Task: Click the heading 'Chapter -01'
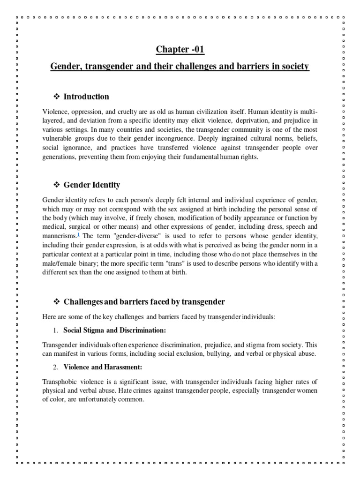(x=180, y=49)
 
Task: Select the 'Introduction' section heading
(x=86, y=97)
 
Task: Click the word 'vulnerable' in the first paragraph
(x=59, y=138)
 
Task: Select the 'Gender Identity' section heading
(x=92, y=185)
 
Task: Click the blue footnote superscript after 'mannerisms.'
(x=78, y=234)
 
